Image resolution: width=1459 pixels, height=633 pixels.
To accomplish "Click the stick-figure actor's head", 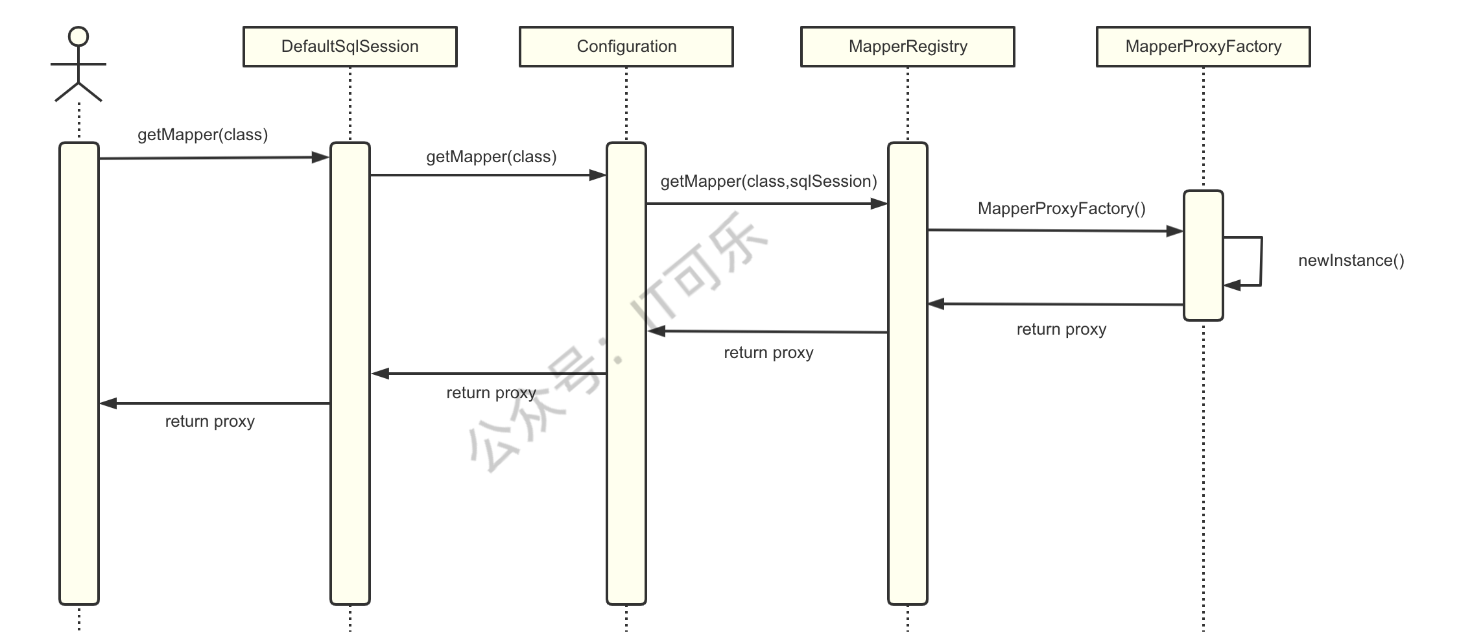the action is (x=78, y=36).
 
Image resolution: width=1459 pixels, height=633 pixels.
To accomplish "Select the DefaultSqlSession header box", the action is (x=350, y=47).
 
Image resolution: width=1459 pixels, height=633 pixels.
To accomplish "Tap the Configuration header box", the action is (x=626, y=47).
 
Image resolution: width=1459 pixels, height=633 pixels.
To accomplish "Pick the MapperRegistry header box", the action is (x=908, y=47).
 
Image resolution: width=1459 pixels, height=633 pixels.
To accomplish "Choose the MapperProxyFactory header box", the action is (x=1204, y=47).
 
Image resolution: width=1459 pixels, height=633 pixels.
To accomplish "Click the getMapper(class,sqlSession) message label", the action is (x=768, y=182).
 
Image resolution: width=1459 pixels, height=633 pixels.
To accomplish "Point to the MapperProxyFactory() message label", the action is (x=1062, y=209).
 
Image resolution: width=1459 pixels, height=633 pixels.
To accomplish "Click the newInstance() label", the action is (x=1351, y=261).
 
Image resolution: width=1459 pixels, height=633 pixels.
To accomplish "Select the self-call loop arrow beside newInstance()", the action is (x=1261, y=261).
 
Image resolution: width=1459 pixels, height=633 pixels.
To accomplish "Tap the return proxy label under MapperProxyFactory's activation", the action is (x=1062, y=329).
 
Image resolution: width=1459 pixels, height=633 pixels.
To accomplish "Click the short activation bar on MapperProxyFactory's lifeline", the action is (x=1204, y=256).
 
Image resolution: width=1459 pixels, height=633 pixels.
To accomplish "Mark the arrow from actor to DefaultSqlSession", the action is (x=215, y=158).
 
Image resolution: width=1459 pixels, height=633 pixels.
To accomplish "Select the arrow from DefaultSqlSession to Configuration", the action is (x=488, y=175).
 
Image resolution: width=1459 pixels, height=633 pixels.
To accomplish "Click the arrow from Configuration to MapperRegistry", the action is (x=767, y=204).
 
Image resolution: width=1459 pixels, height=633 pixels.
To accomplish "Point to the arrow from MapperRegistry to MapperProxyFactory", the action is (x=1056, y=230).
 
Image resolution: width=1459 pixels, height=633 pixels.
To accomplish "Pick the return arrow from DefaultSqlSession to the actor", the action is (x=215, y=403).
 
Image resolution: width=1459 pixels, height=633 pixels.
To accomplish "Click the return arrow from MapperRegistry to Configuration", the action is (x=767, y=332).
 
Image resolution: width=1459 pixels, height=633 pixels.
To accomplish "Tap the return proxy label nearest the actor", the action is (x=210, y=422).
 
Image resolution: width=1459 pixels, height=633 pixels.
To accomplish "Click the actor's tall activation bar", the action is (x=79, y=374).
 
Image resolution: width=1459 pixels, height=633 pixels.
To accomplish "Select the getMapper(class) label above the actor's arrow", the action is (x=203, y=135).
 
